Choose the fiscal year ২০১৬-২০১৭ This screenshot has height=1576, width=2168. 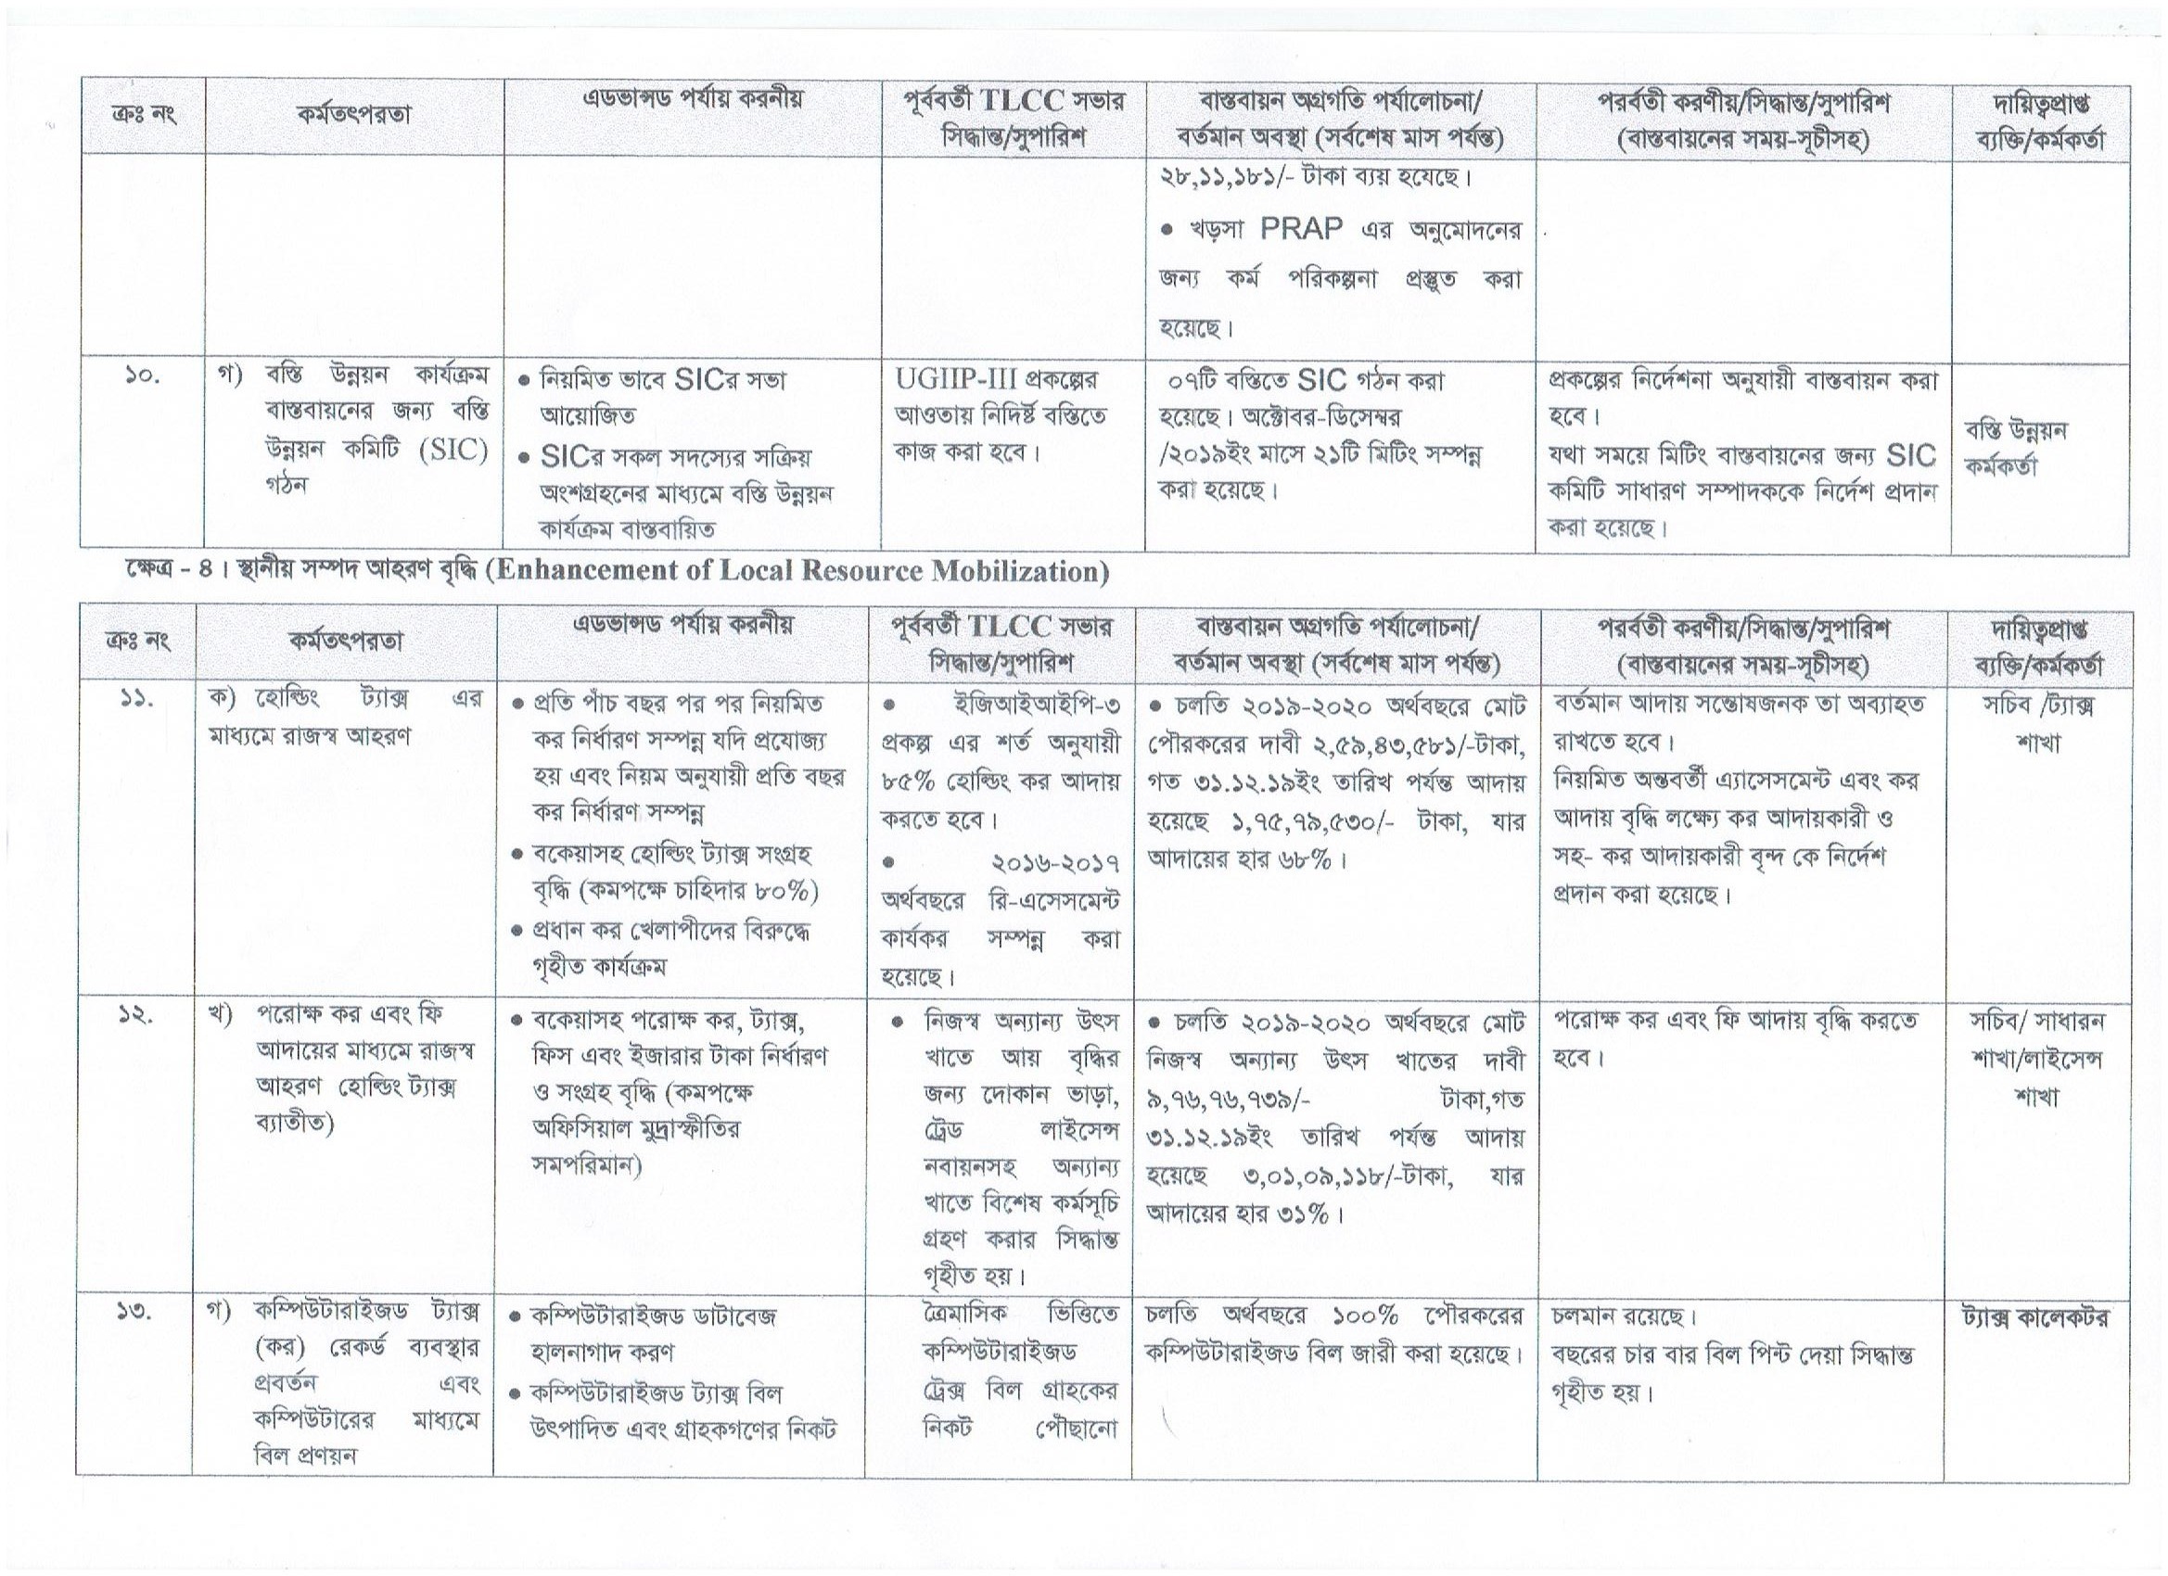tap(1055, 862)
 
